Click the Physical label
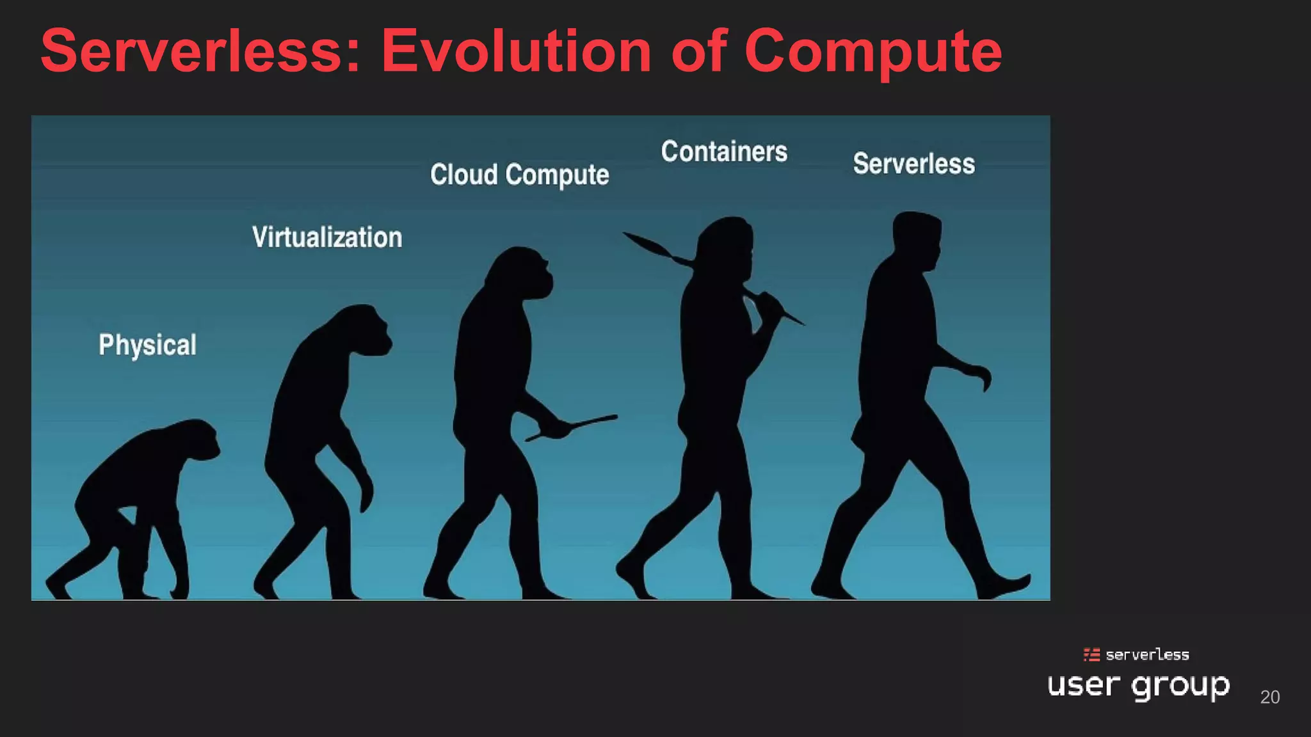point(147,345)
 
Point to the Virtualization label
point(327,237)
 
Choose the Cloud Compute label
point(519,175)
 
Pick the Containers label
point(724,152)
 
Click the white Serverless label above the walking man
point(913,164)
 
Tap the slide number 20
point(1269,697)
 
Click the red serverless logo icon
point(1091,654)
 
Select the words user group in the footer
point(1138,686)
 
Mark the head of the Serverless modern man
point(917,237)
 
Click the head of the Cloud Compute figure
point(522,272)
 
